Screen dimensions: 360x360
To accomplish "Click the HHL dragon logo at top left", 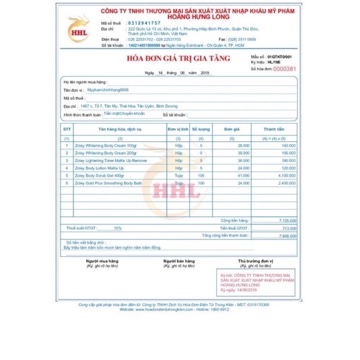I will [78, 30].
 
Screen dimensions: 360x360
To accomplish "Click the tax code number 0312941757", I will [144, 23].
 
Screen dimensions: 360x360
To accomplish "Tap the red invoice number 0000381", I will [285, 69].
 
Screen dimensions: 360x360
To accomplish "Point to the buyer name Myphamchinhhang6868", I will [108, 90].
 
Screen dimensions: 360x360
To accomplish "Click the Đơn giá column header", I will [232, 129].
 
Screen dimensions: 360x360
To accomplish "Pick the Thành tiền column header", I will [274, 129].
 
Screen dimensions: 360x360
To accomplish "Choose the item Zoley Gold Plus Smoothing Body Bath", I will [108, 183].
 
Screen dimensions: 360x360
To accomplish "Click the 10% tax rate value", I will [117, 228].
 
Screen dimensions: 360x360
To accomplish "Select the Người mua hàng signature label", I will [102, 261].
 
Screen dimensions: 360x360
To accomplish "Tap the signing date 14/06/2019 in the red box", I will [246, 290].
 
